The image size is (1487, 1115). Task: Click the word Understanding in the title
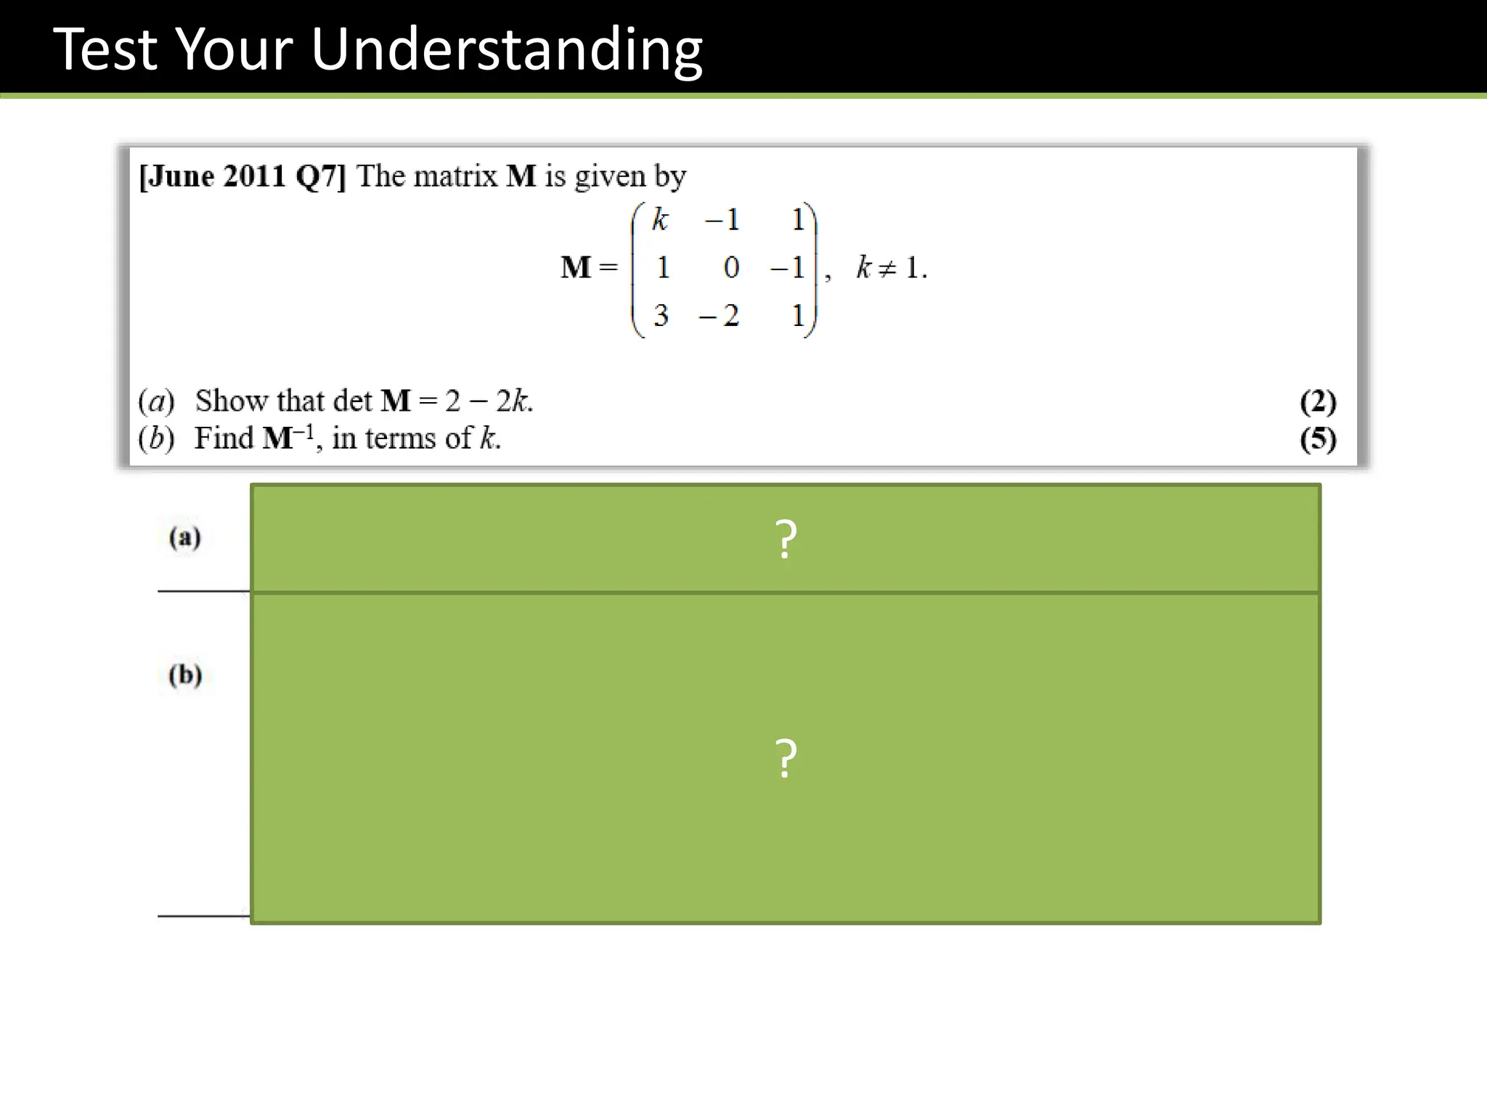(x=506, y=49)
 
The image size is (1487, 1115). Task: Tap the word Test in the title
(x=105, y=49)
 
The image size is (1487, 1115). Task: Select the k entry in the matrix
(x=659, y=218)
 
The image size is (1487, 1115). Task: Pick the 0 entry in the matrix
(x=731, y=268)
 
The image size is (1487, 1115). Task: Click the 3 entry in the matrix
(x=661, y=316)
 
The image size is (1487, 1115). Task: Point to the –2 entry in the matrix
(x=719, y=316)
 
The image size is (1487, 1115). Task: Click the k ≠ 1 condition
(x=891, y=268)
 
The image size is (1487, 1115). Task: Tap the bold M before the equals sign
(x=576, y=268)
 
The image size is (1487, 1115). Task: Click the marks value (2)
(x=1318, y=401)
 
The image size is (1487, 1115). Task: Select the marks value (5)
(x=1318, y=439)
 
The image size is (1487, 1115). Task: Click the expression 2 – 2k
(x=487, y=401)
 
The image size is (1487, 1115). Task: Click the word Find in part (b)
(x=224, y=438)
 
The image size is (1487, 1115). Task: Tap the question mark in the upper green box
(x=786, y=539)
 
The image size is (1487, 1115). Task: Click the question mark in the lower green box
(x=786, y=759)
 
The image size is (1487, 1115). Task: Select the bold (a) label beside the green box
(x=184, y=538)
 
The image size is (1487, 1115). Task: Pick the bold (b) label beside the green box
(x=184, y=675)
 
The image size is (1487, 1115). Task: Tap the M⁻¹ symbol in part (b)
(x=288, y=438)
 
